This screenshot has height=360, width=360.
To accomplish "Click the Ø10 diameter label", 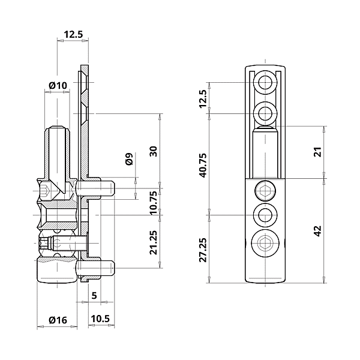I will click(58, 86).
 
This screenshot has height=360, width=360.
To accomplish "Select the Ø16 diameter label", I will click(57, 320).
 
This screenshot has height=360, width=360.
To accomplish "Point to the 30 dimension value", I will click(154, 151).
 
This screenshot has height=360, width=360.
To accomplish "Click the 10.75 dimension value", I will click(154, 202).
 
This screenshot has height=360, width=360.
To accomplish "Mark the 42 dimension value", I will click(318, 230).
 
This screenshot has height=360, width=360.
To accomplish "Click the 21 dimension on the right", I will click(318, 152).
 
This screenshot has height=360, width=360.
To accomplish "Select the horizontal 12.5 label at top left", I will click(73, 35).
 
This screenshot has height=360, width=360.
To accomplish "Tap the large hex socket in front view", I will click(265, 244).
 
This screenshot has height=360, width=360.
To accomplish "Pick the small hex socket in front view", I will click(265, 191).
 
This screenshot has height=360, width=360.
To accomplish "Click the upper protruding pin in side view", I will click(103, 190).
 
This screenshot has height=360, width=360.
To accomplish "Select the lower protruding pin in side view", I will click(103, 266).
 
